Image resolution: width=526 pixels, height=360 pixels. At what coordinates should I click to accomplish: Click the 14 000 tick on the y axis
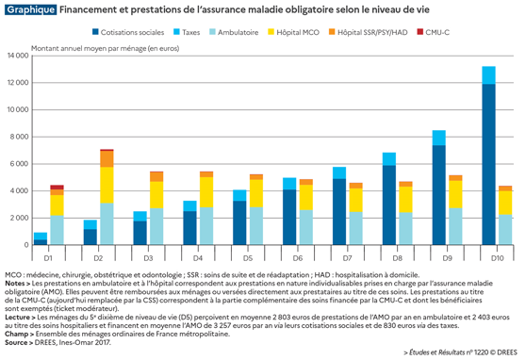(x=20, y=56)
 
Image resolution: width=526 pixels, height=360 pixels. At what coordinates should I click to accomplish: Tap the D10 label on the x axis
(x=497, y=257)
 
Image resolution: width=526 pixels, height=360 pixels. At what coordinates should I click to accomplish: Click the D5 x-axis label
(x=248, y=257)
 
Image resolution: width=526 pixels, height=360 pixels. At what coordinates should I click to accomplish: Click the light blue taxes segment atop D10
(x=488, y=75)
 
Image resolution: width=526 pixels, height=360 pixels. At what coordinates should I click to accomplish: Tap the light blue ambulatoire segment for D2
(x=107, y=223)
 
